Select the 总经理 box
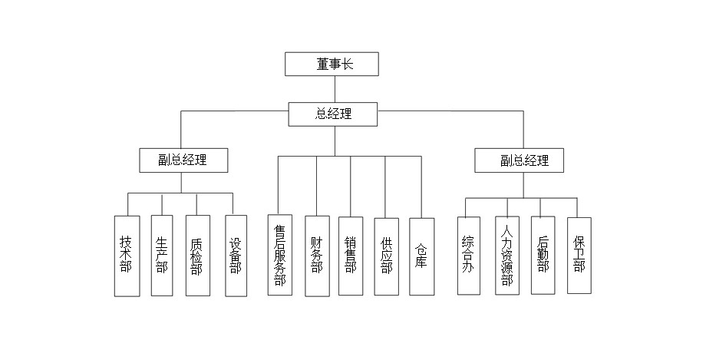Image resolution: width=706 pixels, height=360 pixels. (x=334, y=114)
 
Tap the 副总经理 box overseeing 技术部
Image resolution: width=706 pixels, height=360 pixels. (x=182, y=160)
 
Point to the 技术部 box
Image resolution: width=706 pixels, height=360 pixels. (x=127, y=256)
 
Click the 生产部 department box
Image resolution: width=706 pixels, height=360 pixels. (x=162, y=256)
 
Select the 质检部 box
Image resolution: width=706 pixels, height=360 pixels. (x=197, y=256)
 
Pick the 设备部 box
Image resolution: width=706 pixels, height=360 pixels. (x=236, y=256)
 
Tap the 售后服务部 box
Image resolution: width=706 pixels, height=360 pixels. (x=280, y=256)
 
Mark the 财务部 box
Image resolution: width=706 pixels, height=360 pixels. (x=317, y=256)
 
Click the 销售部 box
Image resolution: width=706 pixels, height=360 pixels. (x=351, y=256)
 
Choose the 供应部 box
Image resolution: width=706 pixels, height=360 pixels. (x=386, y=256)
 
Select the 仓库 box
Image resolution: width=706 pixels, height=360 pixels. (x=421, y=256)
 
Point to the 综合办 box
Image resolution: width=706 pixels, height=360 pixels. (x=468, y=256)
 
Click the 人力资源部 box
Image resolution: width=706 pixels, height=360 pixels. (x=506, y=256)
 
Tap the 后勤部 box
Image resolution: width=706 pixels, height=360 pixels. (x=543, y=256)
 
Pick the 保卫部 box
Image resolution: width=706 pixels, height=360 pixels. (x=579, y=256)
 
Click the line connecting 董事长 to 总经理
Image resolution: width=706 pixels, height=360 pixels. (x=335, y=89)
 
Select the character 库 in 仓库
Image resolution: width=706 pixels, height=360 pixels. (x=421, y=263)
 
